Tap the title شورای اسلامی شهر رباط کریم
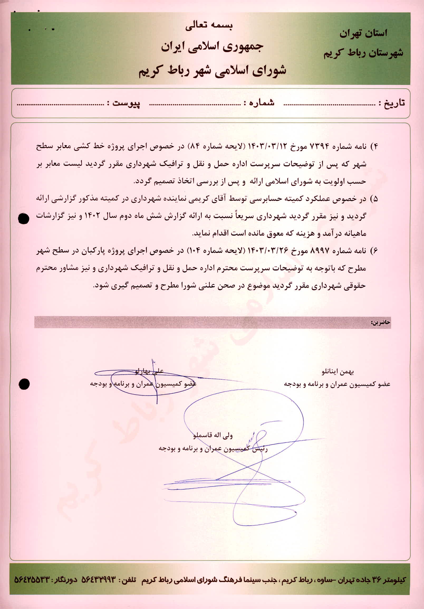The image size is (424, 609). (x=212, y=71)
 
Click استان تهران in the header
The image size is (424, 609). (x=363, y=34)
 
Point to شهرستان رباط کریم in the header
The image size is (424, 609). (x=363, y=53)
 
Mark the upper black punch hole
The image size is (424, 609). (x=23, y=219)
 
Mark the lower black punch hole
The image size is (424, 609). (x=24, y=384)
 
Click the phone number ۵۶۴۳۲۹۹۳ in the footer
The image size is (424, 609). (x=99, y=580)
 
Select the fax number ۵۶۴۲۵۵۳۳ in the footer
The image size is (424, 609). (x=32, y=580)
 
